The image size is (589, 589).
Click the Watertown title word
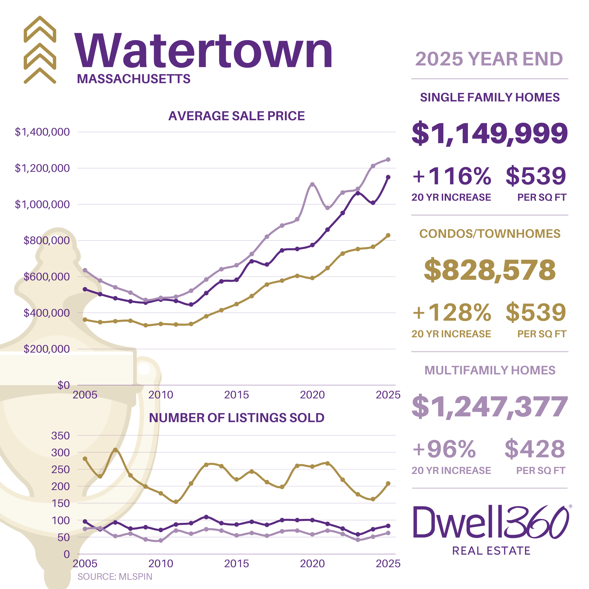coord(203,51)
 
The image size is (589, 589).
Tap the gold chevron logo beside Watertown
coord(40,50)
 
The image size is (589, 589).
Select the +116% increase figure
coord(452,176)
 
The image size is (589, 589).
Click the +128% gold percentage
coord(452,312)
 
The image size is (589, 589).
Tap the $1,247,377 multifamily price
coord(489,406)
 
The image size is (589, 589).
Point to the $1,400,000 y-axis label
coord(42,132)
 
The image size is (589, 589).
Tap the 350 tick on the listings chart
coord(60,436)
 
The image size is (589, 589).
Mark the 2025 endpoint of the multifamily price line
coord(388,160)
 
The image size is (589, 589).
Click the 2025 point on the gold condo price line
coord(388,235)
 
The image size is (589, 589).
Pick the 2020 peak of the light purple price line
coord(312,184)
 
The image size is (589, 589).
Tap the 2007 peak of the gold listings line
coord(115,450)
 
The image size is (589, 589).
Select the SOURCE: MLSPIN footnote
coord(115,576)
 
